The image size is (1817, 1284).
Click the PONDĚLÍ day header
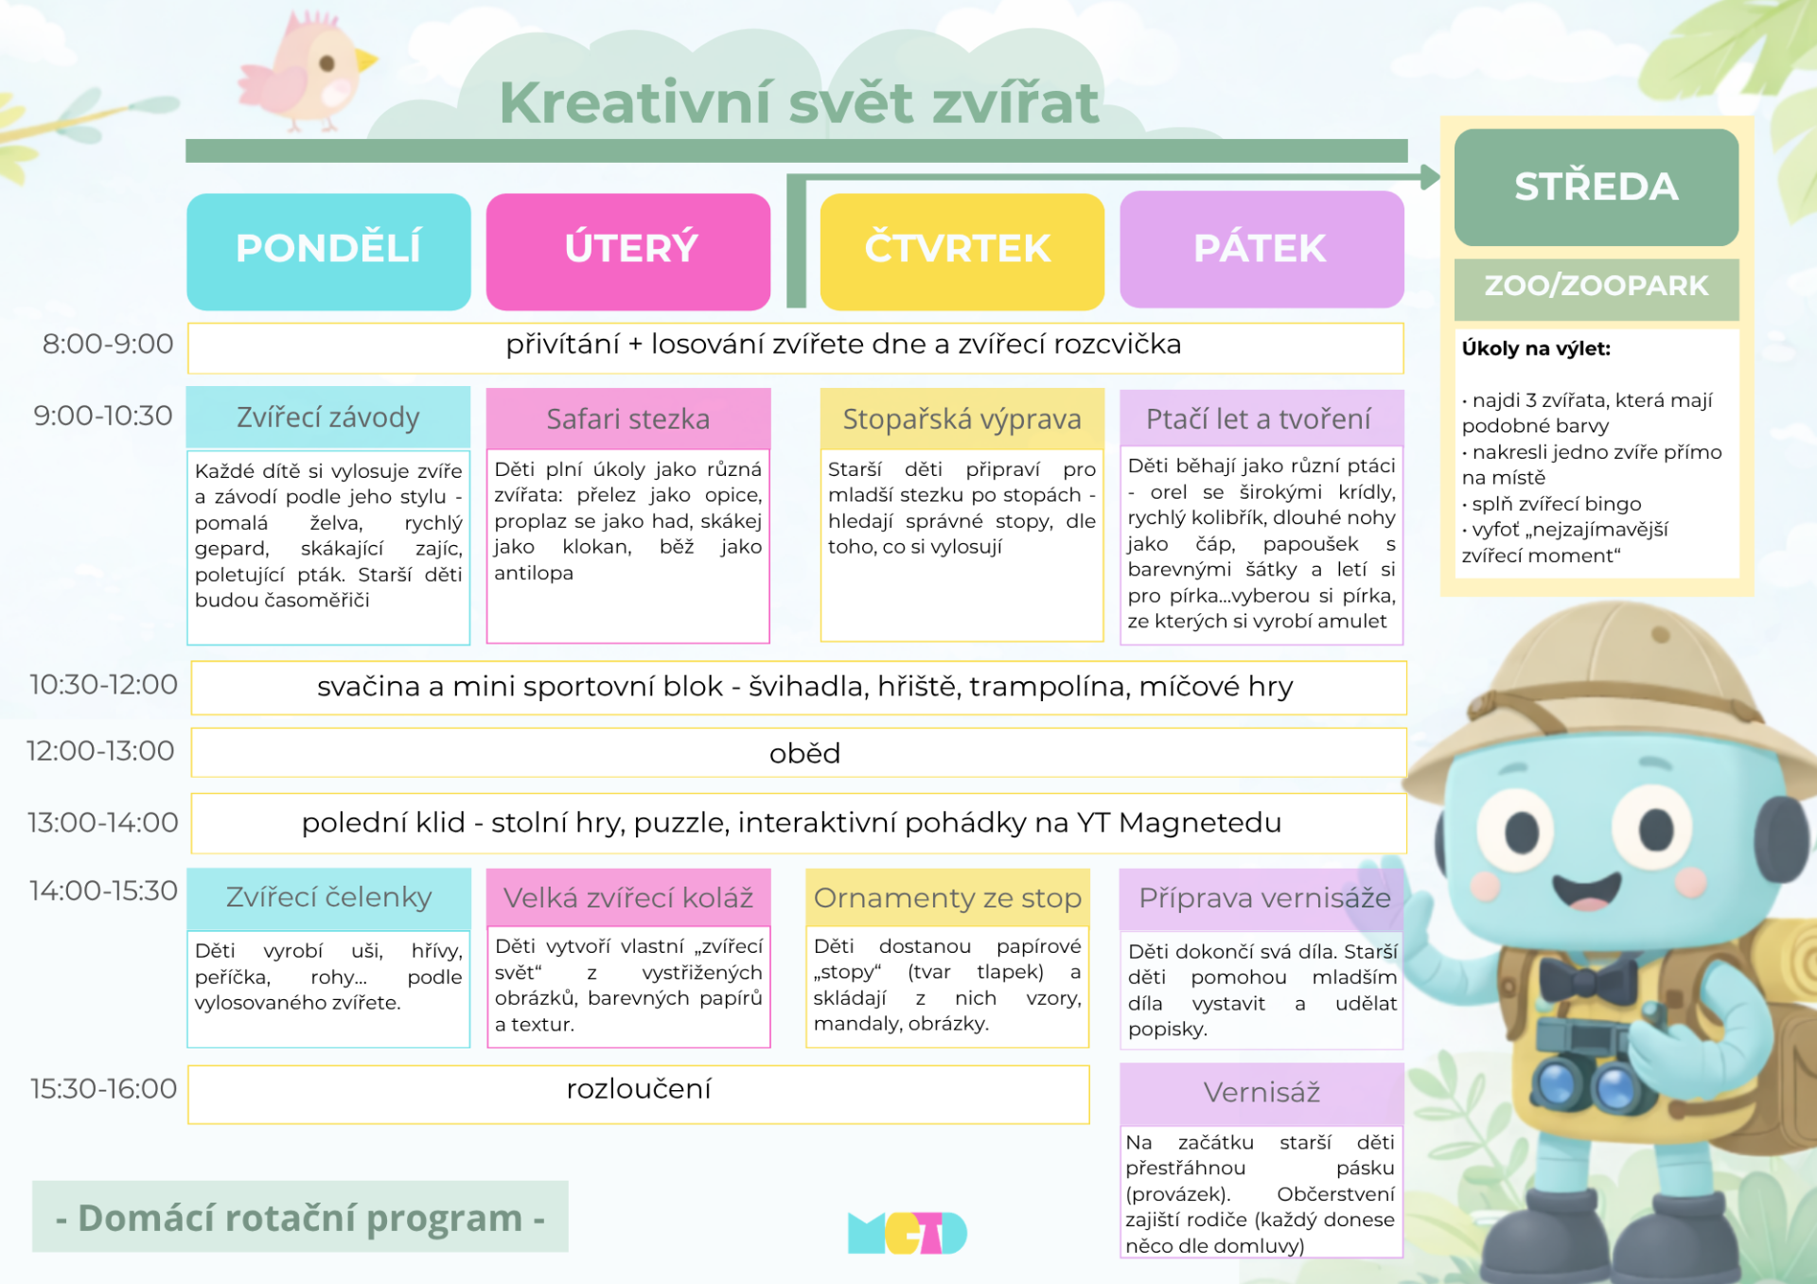328,252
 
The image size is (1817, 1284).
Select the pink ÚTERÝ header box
628,252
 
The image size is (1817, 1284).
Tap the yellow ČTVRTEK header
961,252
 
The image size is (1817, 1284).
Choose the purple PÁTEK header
1261,250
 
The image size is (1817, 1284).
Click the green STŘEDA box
1596,187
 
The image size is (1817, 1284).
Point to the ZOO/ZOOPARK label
1596,286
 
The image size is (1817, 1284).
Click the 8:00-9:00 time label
108,344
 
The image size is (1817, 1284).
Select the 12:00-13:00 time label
100,751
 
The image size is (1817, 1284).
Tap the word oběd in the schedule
804,753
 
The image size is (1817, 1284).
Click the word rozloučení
639,1089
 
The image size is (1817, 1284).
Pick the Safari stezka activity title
628,419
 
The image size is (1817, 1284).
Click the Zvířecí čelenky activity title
328,898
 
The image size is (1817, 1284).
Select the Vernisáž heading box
1261,1094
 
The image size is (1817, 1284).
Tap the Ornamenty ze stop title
947,898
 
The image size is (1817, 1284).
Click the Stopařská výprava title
961,419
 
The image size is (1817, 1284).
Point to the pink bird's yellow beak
366,61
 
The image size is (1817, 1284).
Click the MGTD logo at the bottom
908,1233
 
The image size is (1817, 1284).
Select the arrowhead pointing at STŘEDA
1429,176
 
